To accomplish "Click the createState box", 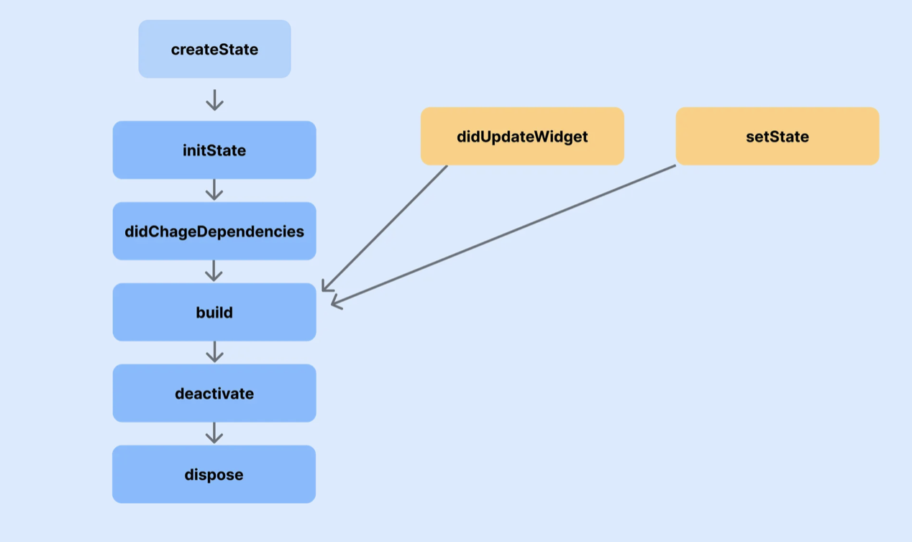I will click(x=214, y=49).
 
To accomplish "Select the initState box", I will click(x=214, y=150).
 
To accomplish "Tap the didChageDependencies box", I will click(x=214, y=231).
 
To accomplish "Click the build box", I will click(x=214, y=312).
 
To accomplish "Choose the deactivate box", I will click(x=214, y=393).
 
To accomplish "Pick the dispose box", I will click(x=214, y=474).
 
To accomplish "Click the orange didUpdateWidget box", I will click(x=522, y=137).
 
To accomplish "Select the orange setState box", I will click(x=778, y=137).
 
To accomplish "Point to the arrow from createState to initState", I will click(x=214, y=99).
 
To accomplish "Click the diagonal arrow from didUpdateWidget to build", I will click(x=385, y=228).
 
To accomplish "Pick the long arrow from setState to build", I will click(x=503, y=235).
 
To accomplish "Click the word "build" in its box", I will click(x=214, y=313).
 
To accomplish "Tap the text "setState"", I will click(x=778, y=137).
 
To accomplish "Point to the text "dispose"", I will click(x=214, y=475).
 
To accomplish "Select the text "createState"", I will click(x=214, y=50).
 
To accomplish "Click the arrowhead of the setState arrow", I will click(x=336, y=304).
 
